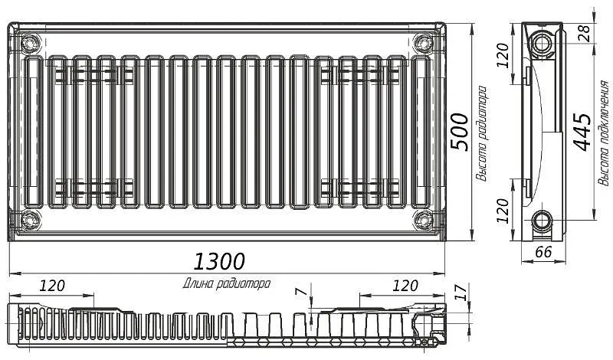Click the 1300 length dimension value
[219, 261]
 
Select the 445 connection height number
[582, 132]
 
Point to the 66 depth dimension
[543, 252]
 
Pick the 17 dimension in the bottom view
[461, 292]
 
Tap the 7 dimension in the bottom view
[300, 292]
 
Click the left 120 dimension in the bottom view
[52, 286]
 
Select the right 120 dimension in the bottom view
[405, 286]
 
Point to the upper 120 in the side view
[503, 55]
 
